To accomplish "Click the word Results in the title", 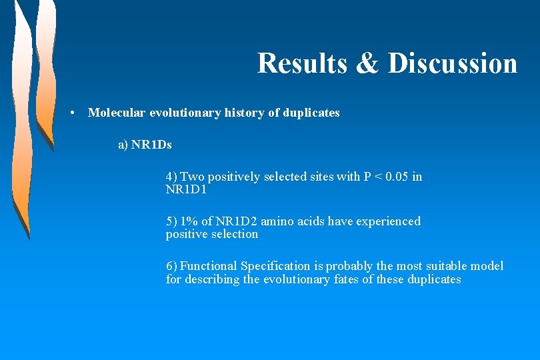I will click(x=302, y=63).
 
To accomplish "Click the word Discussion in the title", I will click(x=453, y=63).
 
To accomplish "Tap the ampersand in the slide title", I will click(x=367, y=63).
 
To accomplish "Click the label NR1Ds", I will click(x=151, y=145).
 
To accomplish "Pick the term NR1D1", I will click(x=186, y=190).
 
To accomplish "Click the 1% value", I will click(x=191, y=221).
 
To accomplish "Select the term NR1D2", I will click(x=237, y=221).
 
